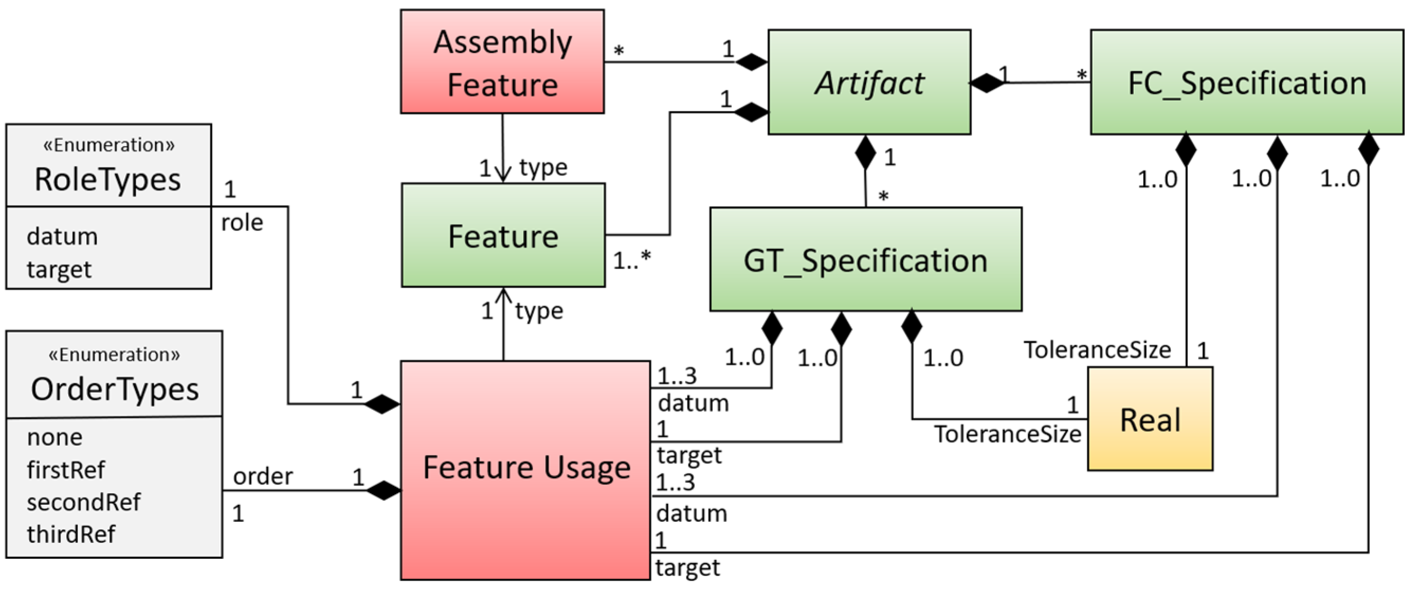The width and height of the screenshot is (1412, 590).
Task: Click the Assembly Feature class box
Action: tap(502, 62)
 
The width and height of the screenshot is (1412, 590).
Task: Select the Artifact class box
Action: tap(869, 82)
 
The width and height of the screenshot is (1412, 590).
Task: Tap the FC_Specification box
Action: tap(1246, 82)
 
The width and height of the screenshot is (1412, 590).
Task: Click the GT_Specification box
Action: tap(866, 259)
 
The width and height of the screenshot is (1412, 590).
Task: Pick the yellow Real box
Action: tap(1150, 419)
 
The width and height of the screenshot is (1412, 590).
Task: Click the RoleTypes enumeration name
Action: tap(107, 179)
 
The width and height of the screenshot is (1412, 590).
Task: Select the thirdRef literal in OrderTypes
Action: tap(71, 534)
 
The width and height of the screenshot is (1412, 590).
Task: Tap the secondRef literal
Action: tap(84, 502)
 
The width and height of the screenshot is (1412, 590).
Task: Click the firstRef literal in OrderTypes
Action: tap(66, 469)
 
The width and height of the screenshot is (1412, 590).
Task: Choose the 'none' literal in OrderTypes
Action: tap(55, 437)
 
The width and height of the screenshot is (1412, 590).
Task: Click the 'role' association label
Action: tap(242, 223)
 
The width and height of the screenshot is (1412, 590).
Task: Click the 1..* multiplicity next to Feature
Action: tap(631, 260)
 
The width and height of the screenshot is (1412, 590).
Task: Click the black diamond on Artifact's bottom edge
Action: tap(865, 152)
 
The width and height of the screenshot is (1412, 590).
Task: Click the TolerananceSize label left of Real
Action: tap(1007, 434)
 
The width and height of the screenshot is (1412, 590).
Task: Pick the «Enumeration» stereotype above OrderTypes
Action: tap(114, 354)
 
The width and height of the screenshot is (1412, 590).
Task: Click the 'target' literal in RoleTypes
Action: tap(59, 269)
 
